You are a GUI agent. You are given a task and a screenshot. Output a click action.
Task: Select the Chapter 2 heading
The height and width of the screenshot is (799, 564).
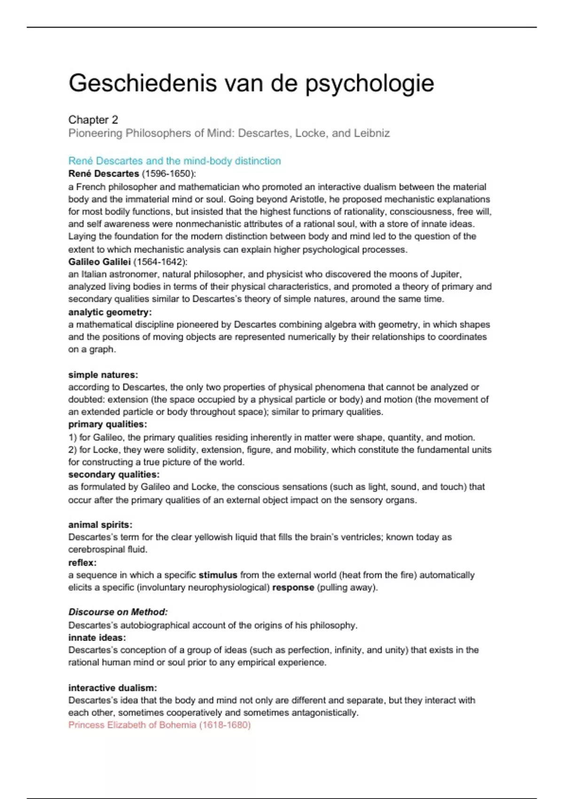click(x=93, y=120)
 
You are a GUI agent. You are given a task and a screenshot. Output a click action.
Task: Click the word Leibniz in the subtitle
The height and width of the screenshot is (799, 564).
click(x=372, y=133)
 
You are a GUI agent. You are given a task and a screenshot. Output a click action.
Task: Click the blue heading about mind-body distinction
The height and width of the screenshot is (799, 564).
click(x=174, y=161)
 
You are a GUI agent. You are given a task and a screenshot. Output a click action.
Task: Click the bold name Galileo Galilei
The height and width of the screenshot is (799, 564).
click(x=99, y=262)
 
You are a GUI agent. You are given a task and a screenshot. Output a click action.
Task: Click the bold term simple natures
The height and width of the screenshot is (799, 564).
click(x=103, y=375)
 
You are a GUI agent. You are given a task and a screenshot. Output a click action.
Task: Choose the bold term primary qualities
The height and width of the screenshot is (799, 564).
click(x=107, y=424)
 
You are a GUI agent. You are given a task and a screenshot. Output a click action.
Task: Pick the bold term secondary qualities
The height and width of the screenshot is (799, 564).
click(x=114, y=475)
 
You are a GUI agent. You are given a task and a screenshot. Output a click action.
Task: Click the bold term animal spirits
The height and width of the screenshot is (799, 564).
click(x=100, y=525)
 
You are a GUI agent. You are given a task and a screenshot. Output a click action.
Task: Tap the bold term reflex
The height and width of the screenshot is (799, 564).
click(x=82, y=563)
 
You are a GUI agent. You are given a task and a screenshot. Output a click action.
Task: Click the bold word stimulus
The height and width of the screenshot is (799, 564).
click(x=218, y=575)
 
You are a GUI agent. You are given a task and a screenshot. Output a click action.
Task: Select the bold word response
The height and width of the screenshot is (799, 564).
click(x=293, y=587)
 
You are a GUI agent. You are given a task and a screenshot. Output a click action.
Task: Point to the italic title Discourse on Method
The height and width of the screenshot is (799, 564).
click(x=118, y=612)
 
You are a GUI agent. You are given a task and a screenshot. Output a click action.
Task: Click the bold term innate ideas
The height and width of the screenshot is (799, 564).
click(x=97, y=638)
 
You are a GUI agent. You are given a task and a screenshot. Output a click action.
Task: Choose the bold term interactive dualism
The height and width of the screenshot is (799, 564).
click(x=112, y=688)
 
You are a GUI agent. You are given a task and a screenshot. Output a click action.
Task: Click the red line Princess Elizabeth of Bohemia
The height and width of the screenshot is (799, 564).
click(x=159, y=725)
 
